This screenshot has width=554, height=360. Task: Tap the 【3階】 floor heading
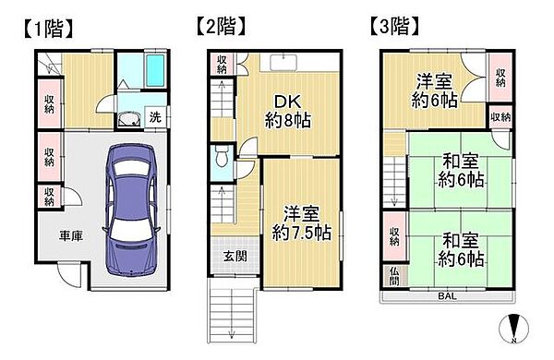(398, 25)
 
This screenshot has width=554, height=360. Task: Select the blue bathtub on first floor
(144, 69)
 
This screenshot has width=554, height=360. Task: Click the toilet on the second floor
(221, 158)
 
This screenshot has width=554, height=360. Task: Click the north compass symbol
(515, 328)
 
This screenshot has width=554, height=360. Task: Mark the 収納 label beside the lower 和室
(394, 235)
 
